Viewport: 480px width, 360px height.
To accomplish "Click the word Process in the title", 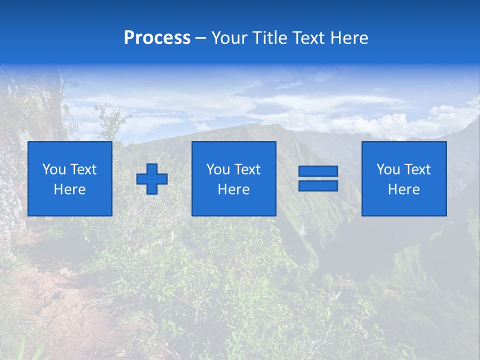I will [x=157, y=38].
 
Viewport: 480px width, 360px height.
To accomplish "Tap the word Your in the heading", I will [x=228, y=38].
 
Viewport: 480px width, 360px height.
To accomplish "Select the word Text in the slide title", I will [x=309, y=38].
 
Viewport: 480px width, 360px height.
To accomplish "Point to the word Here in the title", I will [x=349, y=38].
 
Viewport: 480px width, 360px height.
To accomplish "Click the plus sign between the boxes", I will [x=152, y=179].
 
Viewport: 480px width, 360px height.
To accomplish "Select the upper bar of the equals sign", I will [x=318, y=171].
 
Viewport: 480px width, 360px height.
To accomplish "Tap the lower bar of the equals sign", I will [x=318, y=185].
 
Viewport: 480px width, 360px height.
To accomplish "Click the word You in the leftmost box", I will [x=54, y=169].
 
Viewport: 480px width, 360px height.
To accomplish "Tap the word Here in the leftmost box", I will [x=70, y=189].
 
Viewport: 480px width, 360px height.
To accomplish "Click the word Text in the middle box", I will [x=247, y=169].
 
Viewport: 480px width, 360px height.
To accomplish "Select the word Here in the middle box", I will [x=233, y=189].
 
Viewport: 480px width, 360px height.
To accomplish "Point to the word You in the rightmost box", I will [x=388, y=169].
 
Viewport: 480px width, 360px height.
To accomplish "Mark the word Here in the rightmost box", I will [x=404, y=189].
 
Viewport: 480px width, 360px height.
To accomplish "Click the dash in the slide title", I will [x=200, y=38].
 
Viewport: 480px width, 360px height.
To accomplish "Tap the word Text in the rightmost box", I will [x=417, y=169].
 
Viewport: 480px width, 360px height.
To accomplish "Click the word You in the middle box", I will [x=218, y=169].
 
